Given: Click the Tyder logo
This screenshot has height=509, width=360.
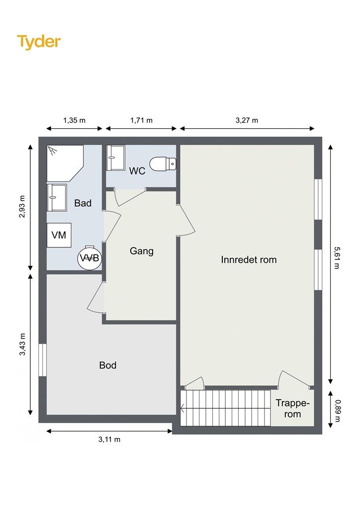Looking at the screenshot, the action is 39,42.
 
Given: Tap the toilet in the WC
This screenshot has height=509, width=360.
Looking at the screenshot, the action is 163,164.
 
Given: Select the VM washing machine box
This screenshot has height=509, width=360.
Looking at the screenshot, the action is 59,235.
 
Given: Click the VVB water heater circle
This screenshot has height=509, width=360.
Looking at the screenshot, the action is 90,258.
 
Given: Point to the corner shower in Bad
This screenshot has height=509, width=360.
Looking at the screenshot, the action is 65,163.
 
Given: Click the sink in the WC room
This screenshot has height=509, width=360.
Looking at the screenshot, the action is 115,158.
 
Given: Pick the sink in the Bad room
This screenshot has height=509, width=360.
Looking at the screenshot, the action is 57,198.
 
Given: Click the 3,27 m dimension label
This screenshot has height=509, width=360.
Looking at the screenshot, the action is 247,120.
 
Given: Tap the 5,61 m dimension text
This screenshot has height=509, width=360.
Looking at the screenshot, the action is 337,258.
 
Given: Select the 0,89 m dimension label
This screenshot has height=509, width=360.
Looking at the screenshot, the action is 338,411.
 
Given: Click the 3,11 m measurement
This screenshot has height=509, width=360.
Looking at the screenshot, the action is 109,439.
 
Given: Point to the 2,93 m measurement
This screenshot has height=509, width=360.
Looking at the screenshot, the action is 22,206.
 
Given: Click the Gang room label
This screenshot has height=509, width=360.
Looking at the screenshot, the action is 142,251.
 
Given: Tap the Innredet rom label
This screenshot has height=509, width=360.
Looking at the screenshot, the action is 249,259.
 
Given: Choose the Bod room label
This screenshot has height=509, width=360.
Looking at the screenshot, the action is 108,365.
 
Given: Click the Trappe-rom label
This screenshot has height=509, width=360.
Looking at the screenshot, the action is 292,409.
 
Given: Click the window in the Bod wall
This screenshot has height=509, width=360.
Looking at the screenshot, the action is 43,360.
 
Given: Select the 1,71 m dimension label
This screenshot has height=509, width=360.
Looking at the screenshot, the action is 142,120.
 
